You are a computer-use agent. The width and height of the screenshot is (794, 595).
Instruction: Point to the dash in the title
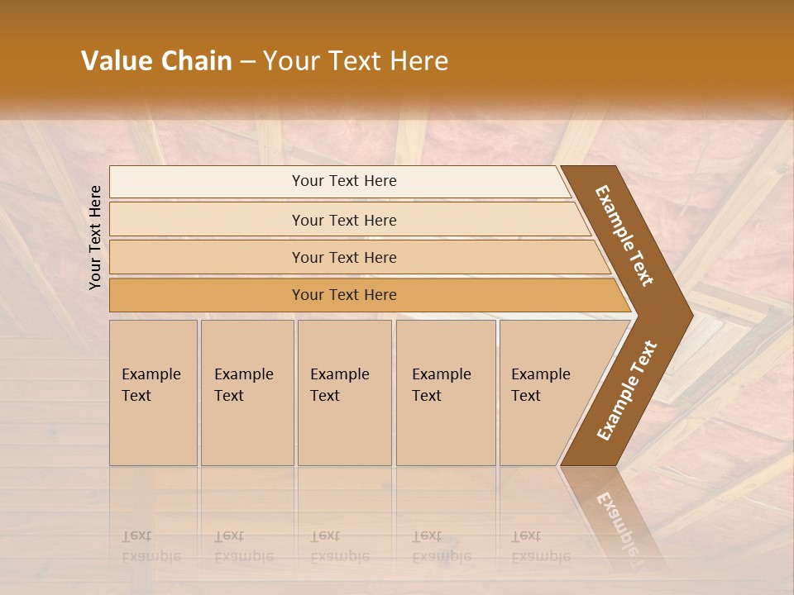(247, 62)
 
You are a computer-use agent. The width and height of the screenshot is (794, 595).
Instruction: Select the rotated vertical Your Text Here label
(95, 237)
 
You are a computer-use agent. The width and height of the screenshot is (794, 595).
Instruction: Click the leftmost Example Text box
(153, 393)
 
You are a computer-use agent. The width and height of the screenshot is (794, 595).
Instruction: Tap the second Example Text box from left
(247, 393)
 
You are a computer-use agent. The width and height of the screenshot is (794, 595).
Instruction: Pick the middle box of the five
(344, 393)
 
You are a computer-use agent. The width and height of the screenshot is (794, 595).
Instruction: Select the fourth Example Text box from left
(446, 393)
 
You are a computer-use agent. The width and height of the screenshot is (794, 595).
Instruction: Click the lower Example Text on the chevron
(627, 390)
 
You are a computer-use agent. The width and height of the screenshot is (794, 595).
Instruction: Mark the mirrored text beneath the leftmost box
(151, 546)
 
